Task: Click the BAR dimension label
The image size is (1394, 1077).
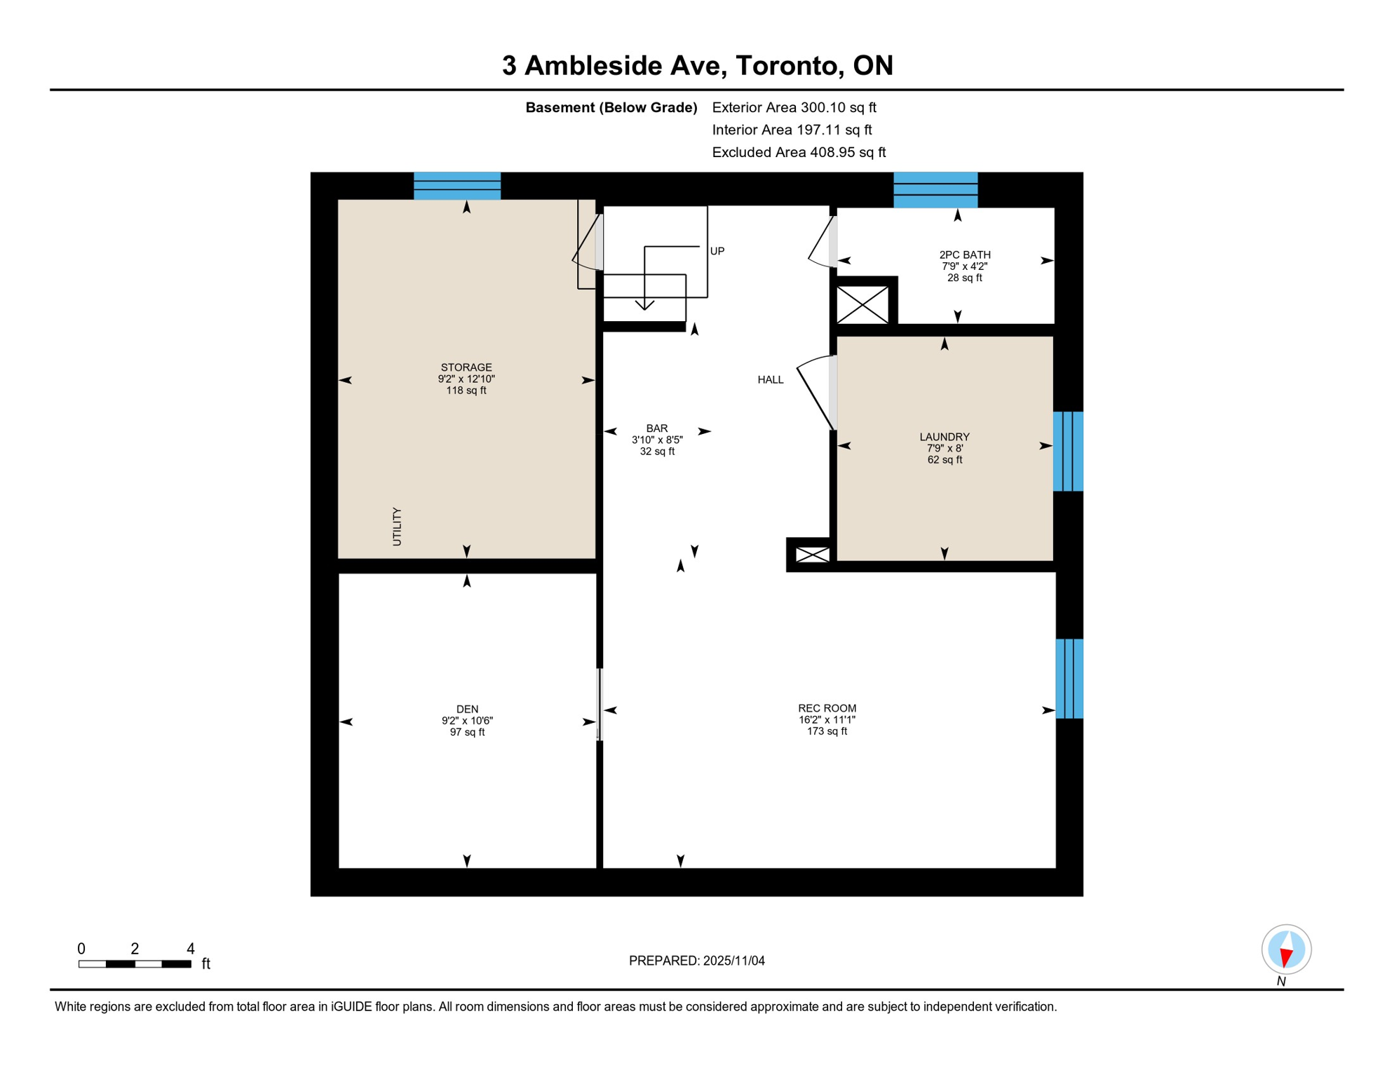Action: coord(657,440)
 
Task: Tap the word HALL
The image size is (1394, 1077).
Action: coord(770,380)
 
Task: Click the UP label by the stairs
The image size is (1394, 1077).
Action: coord(717,251)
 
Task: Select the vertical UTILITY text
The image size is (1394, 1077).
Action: coord(397,527)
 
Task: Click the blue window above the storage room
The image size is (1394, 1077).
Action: coord(456,186)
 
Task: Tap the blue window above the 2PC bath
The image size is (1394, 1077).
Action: coord(935,189)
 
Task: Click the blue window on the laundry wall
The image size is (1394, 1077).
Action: coord(1067,451)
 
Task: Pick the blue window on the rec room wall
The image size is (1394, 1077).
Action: coord(1069,678)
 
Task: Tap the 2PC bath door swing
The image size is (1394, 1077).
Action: coord(820,243)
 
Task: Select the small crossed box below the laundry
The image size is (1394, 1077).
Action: coord(812,555)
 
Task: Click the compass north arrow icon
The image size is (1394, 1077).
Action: coord(1285,949)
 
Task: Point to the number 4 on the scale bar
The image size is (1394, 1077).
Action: coord(190,949)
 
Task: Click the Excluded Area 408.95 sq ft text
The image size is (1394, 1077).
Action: coord(798,152)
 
